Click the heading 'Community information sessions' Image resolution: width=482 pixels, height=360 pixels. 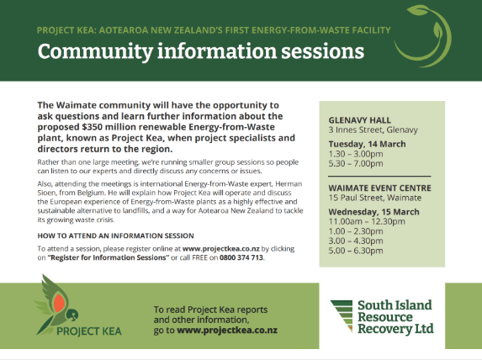(201, 51)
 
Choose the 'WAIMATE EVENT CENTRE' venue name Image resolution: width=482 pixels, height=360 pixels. (376, 189)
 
